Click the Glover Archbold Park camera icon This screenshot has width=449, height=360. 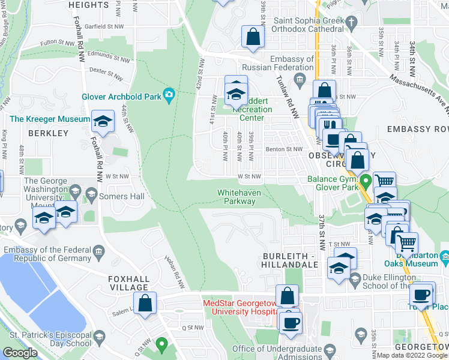pos(169,94)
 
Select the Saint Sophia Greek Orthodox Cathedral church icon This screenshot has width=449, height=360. pos(352,22)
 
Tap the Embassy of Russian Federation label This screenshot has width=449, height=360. pos(292,63)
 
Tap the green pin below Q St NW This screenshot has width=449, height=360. pos(161,344)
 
